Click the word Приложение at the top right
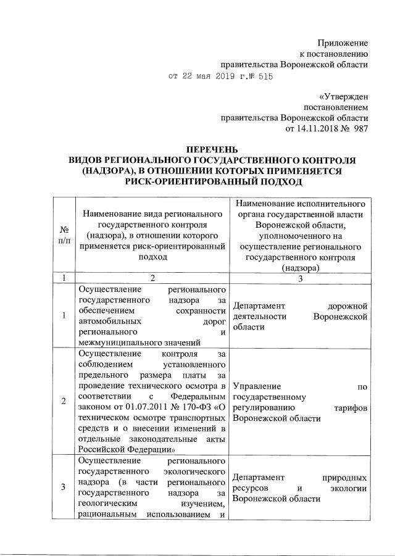pos(343,43)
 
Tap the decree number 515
pos(264,77)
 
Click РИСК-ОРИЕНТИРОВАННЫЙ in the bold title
pos(186,182)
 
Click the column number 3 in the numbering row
pos(299,278)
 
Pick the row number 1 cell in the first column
pos(64,316)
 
